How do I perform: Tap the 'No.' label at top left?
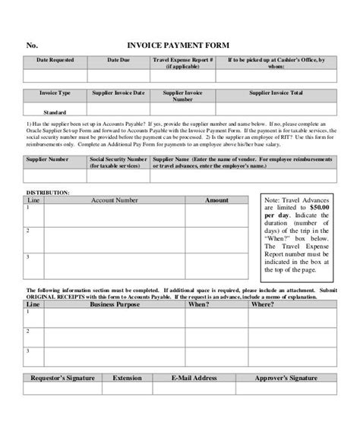tap(31, 45)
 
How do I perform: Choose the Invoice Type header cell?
tap(55, 93)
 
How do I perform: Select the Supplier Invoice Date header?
tap(118, 93)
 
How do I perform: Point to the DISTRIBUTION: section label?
tap(48, 193)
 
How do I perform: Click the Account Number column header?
tap(115, 200)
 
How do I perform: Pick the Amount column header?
tap(216, 200)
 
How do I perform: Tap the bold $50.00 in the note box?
tap(318, 206)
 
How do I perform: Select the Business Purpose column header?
tap(115, 303)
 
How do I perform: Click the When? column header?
tap(199, 303)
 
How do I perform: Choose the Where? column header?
tap(262, 303)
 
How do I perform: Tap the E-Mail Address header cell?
tap(194, 377)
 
